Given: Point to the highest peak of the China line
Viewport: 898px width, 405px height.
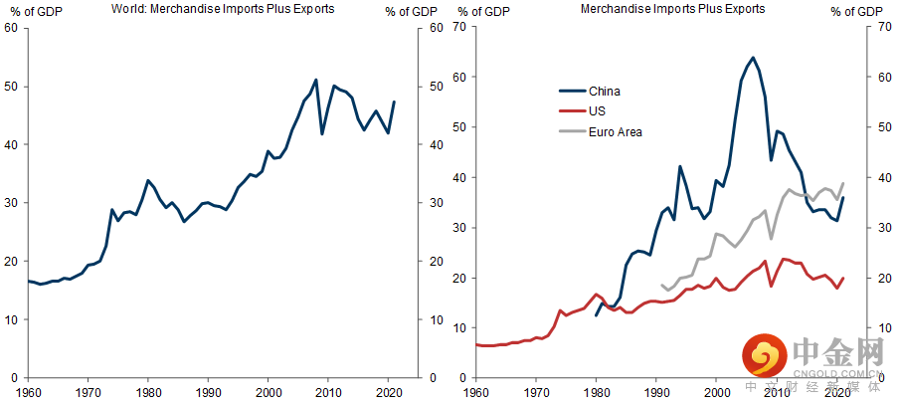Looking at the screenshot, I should [x=753, y=58].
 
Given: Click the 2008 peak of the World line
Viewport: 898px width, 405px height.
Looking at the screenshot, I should [x=316, y=80].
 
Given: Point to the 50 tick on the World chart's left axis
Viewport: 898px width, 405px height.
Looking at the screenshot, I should [x=12, y=87].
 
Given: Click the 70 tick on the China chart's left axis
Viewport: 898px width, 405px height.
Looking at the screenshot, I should [x=458, y=26].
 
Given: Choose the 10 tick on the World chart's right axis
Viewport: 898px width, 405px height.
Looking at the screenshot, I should [x=437, y=319].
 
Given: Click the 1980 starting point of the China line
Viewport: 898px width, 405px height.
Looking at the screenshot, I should [x=596, y=315].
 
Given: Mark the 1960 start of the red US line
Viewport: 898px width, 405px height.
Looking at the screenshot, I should [x=476, y=344].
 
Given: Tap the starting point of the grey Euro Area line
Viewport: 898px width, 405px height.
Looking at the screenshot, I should [x=661, y=285].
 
